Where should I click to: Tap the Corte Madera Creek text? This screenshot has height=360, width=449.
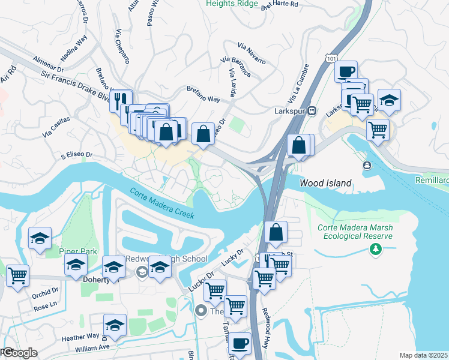point(162,203)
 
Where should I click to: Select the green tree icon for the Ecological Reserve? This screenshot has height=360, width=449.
point(376,248)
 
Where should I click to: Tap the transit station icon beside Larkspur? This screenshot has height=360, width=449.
point(312,111)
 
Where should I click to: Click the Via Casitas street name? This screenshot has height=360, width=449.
point(56,126)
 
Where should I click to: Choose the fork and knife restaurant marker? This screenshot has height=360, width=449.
point(121,100)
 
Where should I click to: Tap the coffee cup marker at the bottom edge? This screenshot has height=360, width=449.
point(240,343)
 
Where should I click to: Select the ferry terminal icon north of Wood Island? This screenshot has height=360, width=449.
point(366,165)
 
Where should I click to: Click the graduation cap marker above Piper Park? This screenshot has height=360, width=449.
point(40,238)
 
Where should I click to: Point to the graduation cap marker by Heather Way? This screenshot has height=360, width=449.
point(115,325)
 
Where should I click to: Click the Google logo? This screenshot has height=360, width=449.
point(19,353)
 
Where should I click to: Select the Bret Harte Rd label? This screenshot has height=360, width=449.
point(279,5)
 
